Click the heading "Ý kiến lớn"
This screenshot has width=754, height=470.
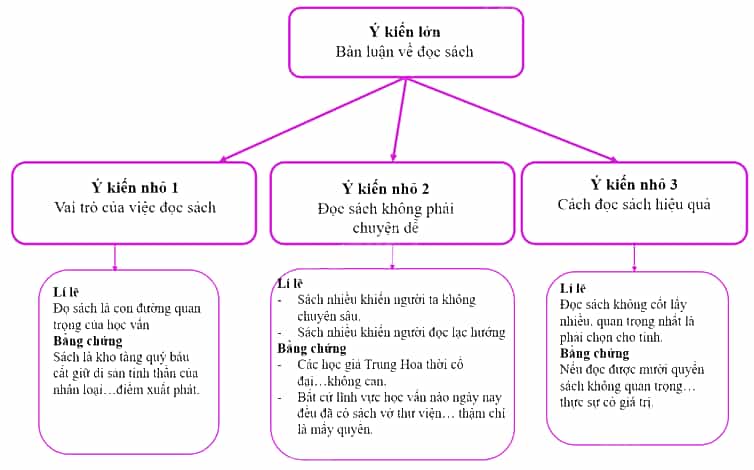(405, 32)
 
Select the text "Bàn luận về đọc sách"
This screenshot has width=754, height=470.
(404, 51)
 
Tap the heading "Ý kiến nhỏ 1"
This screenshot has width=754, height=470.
(135, 187)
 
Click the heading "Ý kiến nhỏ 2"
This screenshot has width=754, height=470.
(386, 189)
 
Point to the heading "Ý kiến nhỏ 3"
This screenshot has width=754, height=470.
(634, 184)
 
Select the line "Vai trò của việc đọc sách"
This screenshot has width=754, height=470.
(135, 207)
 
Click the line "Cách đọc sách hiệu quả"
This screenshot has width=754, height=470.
(634, 204)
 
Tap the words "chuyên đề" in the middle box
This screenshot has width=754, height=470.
(386, 227)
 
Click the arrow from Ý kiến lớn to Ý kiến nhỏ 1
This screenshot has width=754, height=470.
(312, 120)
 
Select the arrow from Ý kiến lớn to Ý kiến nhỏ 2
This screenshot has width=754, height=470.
(400, 120)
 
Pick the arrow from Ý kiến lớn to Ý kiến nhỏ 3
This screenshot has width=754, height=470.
(511, 120)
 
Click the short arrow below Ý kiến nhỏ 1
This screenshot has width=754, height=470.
(114, 257)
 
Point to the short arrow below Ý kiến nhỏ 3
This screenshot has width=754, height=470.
(634, 258)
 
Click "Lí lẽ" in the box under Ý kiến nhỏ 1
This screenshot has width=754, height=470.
(66, 292)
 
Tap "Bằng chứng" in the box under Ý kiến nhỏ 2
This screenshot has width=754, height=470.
(312, 348)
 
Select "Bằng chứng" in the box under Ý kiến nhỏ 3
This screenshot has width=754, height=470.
(594, 354)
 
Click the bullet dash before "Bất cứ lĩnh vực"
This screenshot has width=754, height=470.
(280, 397)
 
